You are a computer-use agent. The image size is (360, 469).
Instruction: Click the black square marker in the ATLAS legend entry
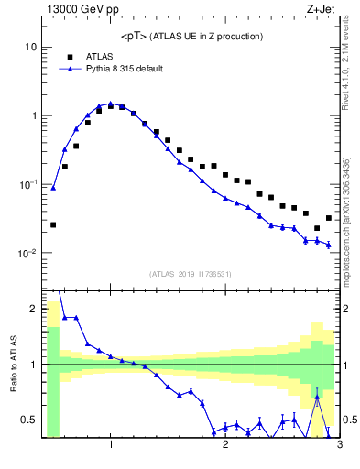tap(70, 56)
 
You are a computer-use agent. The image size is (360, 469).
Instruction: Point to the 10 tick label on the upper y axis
tap(29, 47)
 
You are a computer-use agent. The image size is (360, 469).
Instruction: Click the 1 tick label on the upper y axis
tap(33, 116)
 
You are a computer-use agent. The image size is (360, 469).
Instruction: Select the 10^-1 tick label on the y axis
tap(27, 184)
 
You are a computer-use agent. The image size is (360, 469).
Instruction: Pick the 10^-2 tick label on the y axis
tap(27, 254)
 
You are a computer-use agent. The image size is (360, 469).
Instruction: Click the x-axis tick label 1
tap(111, 445)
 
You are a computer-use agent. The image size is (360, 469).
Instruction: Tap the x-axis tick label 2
tap(225, 445)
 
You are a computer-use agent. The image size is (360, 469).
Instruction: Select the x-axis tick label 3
tap(339, 445)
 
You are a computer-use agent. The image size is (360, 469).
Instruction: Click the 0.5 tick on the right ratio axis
tap(349, 420)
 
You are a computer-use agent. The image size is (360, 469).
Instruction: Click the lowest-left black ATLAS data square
tap(53, 224)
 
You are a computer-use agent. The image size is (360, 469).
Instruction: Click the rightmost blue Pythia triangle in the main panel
tap(328, 245)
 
